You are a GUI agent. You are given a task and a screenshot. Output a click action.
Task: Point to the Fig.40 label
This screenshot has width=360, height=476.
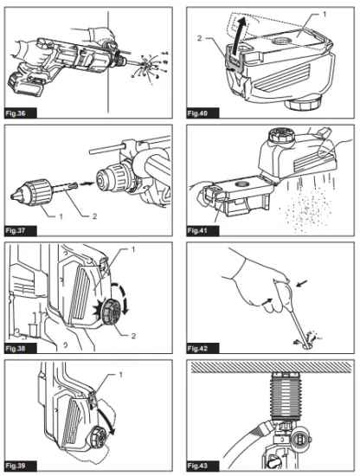coord(204,113)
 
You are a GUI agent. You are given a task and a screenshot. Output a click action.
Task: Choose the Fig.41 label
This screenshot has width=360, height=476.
coord(204,231)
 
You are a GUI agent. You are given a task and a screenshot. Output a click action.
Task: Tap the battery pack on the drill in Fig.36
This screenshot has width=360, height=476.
coord(28,84)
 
